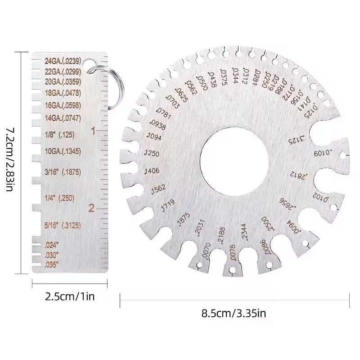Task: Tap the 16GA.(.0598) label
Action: point(63,105)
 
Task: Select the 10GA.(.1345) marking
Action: point(63,150)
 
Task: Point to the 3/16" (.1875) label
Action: point(63,171)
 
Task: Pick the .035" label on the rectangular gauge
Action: point(52,265)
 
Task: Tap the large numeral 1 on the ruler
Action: point(93,131)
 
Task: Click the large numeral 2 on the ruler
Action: point(92,208)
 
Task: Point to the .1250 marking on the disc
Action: point(152,153)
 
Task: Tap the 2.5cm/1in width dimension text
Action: point(70,297)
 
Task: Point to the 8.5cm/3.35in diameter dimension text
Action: point(234,313)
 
